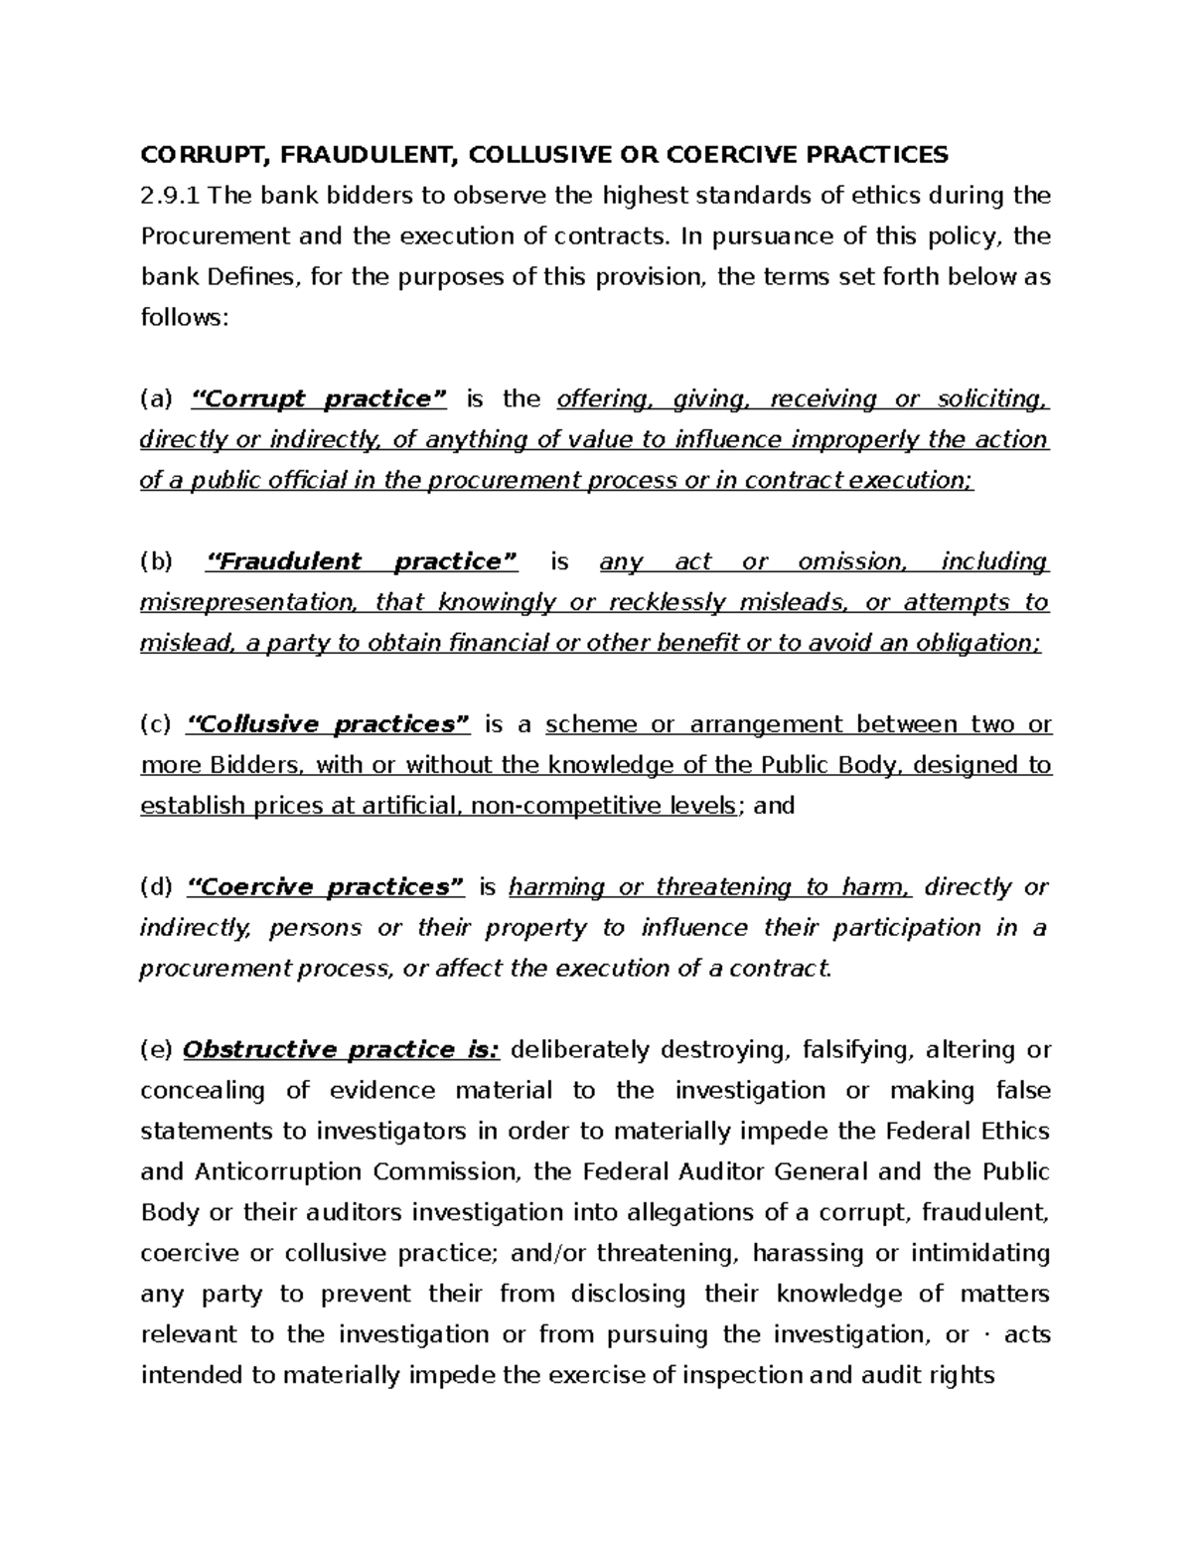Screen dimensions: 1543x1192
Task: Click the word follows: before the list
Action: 185,318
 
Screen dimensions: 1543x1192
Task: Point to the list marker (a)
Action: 156,399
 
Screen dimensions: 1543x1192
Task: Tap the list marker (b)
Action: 156,562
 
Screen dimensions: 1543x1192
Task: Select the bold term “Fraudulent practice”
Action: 362,562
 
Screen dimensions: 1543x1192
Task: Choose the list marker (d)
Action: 156,887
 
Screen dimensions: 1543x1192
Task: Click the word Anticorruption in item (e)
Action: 272,1172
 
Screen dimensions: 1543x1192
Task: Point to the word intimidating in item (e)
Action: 977,1254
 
